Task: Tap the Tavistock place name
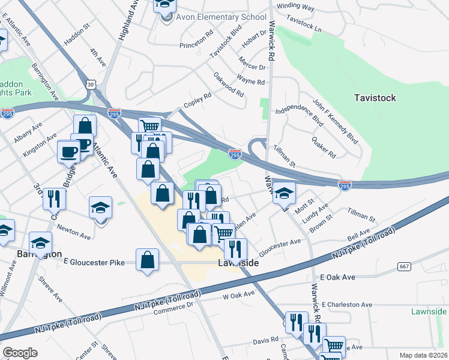point(375,98)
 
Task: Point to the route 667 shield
point(404,266)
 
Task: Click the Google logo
point(20,352)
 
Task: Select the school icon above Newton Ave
point(101,208)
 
